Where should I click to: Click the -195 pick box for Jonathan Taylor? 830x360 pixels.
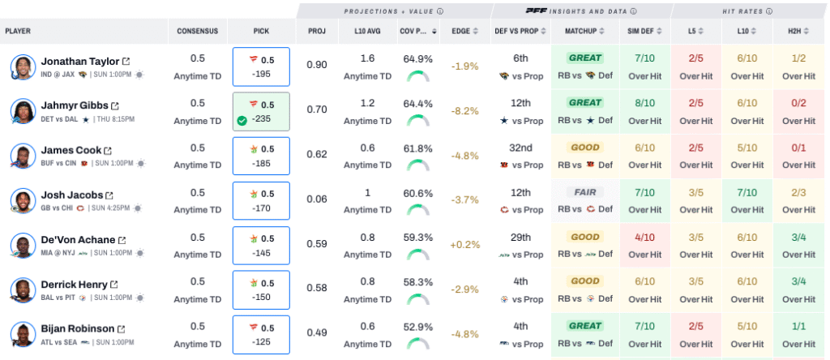pyautogui.click(x=260, y=66)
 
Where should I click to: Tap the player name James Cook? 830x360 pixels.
pyautogui.click(x=71, y=150)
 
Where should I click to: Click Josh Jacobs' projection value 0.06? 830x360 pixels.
pyautogui.click(x=317, y=199)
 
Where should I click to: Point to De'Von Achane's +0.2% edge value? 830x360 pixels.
pyautogui.click(x=464, y=244)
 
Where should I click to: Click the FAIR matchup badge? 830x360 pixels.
pyautogui.click(x=584, y=192)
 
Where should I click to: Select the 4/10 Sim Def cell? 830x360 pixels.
pyautogui.click(x=645, y=245)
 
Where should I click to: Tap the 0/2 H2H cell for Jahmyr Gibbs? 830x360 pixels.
pyautogui.click(x=798, y=111)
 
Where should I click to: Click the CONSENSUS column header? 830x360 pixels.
pyautogui.click(x=198, y=32)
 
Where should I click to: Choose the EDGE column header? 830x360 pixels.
pyautogui.click(x=460, y=32)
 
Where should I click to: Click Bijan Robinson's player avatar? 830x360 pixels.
pyautogui.click(x=23, y=335)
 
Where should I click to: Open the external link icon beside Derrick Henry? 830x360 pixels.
pyautogui.click(x=114, y=285)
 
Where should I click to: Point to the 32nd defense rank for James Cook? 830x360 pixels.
pyautogui.click(x=520, y=148)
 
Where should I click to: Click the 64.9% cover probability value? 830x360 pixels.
pyautogui.click(x=417, y=59)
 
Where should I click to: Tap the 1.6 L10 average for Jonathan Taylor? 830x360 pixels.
pyautogui.click(x=367, y=58)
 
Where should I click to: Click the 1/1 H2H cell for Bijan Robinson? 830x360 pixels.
pyautogui.click(x=798, y=334)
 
